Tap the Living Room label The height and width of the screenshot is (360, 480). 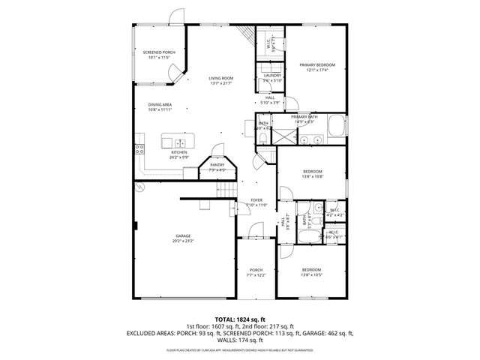(x=221, y=78)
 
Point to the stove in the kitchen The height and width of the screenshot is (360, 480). (x=139, y=150)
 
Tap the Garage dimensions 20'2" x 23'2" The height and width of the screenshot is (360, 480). (x=183, y=241)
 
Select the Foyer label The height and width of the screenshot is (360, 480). (x=256, y=200)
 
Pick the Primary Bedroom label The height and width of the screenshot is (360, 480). (x=317, y=65)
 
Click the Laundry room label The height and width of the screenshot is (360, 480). (x=271, y=76)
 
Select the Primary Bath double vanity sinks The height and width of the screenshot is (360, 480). (x=311, y=139)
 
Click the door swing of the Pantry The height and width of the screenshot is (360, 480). (x=216, y=150)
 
